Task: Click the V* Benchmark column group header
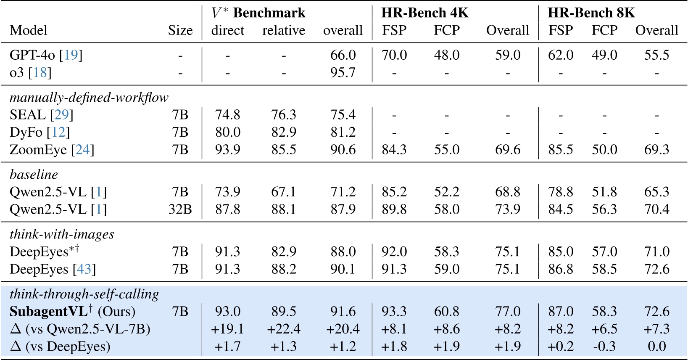[258, 13]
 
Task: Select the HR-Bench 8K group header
[591, 13]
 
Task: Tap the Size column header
[180, 30]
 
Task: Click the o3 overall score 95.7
[343, 73]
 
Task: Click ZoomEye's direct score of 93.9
[227, 150]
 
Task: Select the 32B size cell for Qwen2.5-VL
[180, 209]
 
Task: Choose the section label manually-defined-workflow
[89, 98]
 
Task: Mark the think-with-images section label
[62, 234]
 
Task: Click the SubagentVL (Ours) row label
[72, 312]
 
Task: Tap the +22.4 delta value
[283, 329]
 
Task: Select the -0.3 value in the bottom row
[604, 347]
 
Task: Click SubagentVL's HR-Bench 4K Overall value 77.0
[507, 312]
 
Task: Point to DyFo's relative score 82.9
[283, 132]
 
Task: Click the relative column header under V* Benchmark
[283, 30]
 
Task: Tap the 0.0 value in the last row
[656, 347]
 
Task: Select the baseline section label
[34, 175]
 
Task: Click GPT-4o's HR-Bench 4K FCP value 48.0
[446, 55]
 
